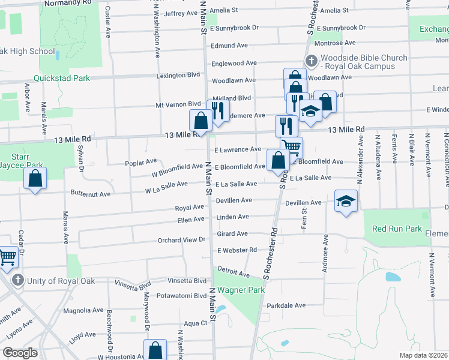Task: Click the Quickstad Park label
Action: pos(62,78)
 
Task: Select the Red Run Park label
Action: pos(397,229)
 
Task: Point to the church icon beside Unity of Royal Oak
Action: pos(18,281)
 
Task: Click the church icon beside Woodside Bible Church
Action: pos(311,61)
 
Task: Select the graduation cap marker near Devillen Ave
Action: pos(346,201)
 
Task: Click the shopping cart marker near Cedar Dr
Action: pos(7,257)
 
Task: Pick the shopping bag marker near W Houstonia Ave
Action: pos(155,350)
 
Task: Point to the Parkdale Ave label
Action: pos(286,305)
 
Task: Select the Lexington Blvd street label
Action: pos(178,76)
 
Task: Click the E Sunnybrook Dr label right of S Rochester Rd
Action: pos(342,28)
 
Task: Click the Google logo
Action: pos(20,353)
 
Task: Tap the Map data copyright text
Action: pos(423,355)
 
